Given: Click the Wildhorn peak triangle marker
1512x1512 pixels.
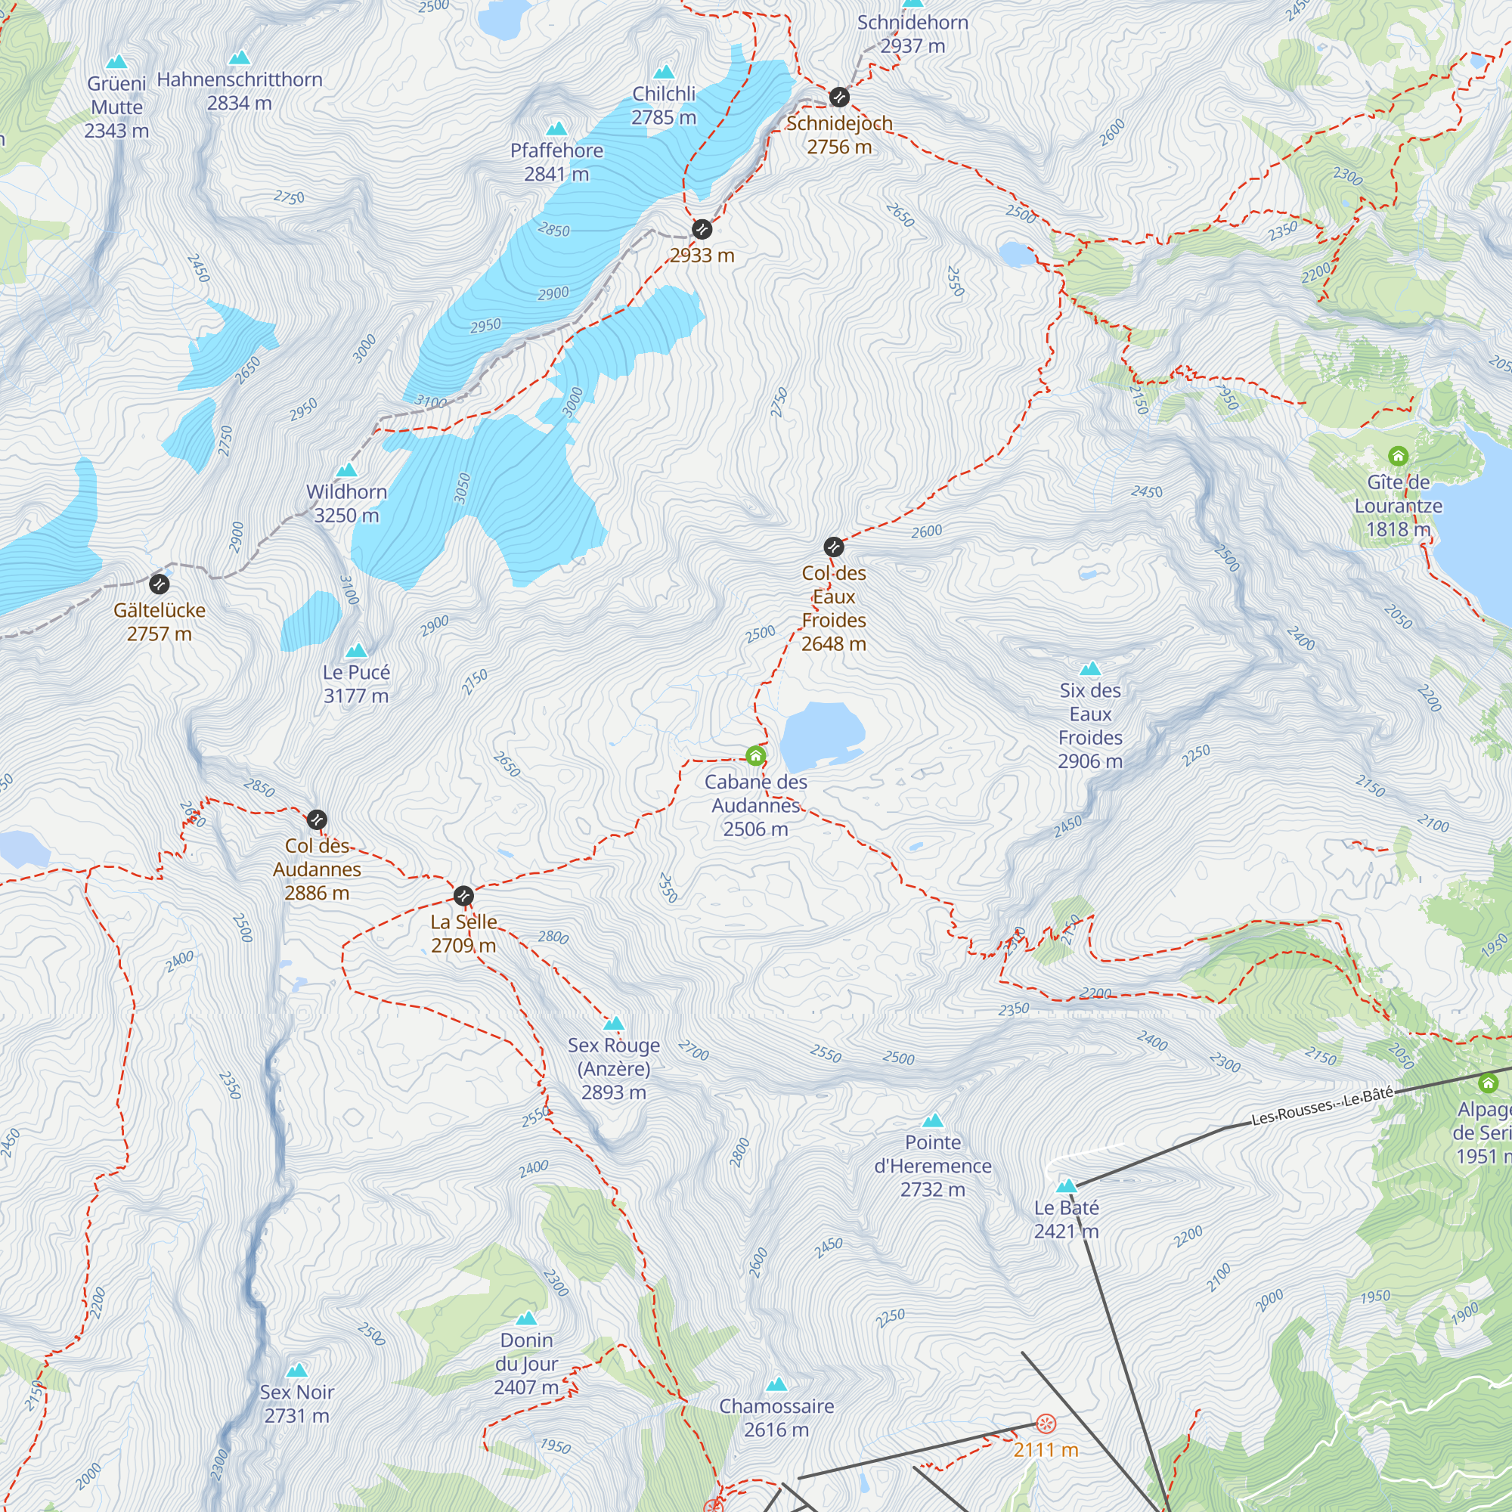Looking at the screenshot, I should pyautogui.click(x=347, y=470).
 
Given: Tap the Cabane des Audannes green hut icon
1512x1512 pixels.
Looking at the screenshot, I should pyautogui.click(x=755, y=755).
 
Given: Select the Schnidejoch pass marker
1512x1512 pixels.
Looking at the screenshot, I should pyautogui.click(x=839, y=97).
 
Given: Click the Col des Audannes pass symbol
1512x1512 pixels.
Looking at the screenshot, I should pyautogui.click(x=317, y=820).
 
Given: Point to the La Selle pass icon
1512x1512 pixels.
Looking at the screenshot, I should pyautogui.click(x=463, y=895).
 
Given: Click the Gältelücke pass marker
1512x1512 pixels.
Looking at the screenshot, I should pyautogui.click(x=159, y=584).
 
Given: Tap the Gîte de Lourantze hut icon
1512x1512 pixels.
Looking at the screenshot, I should pyautogui.click(x=1398, y=455).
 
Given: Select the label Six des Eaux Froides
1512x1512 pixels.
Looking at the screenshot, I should pyautogui.click(x=1089, y=726).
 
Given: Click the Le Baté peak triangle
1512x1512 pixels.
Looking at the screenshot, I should pyautogui.click(x=1066, y=1185).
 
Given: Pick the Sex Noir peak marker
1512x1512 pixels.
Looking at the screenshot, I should pyautogui.click(x=296, y=1371).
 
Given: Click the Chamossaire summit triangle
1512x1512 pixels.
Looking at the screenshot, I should pyautogui.click(x=776, y=1384).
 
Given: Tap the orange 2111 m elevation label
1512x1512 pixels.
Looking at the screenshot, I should pyautogui.click(x=1046, y=1449).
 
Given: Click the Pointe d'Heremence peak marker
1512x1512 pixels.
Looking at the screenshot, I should pyautogui.click(x=933, y=1120).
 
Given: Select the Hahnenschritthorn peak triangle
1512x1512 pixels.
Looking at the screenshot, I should pyautogui.click(x=240, y=58).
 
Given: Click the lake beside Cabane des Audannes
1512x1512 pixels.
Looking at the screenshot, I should pyautogui.click(x=820, y=736).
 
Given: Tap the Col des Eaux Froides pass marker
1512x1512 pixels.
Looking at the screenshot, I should pyautogui.click(x=833, y=547).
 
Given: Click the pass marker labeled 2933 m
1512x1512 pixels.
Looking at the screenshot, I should pyautogui.click(x=702, y=229).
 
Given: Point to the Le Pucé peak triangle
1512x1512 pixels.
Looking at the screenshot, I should pyautogui.click(x=356, y=650).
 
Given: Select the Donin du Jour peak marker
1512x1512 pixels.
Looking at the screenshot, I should pyautogui.click(x=527, y=1318).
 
